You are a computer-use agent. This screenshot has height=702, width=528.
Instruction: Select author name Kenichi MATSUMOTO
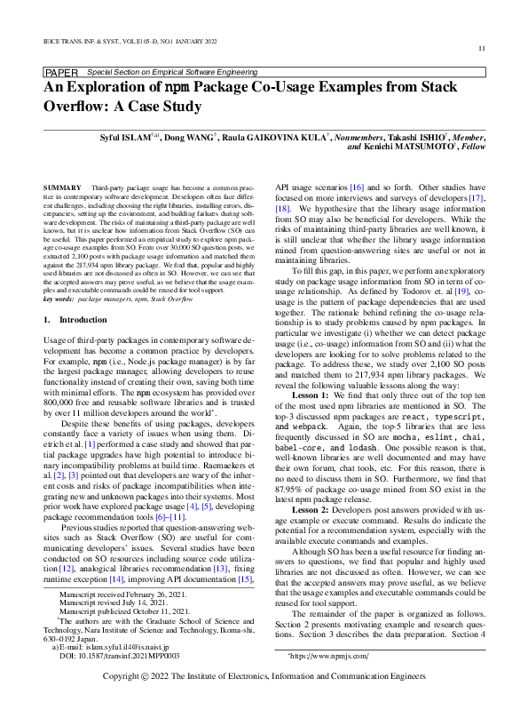click(393, 148)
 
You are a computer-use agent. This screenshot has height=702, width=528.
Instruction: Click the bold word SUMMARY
click(61, 190)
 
